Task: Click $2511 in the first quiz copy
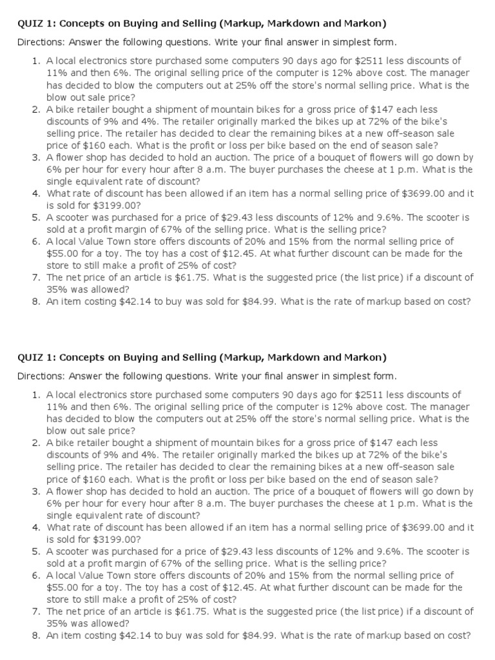pos(355,61)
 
